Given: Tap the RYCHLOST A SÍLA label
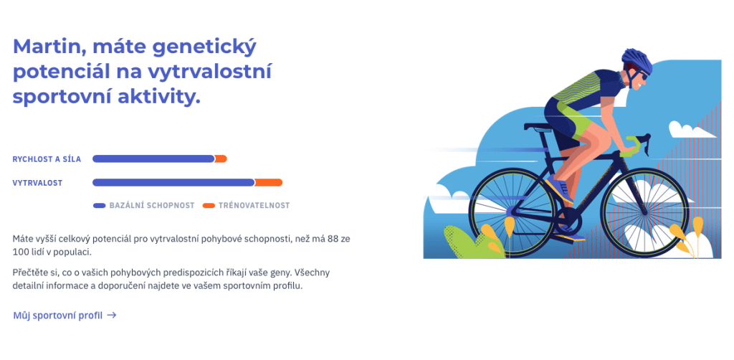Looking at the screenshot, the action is pos(47,159).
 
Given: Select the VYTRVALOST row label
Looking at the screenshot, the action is pos(37,183).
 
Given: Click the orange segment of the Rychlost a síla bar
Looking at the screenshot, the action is pos(221,158).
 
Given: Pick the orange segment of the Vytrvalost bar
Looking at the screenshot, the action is pos(269,183).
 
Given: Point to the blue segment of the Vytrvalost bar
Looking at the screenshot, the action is pos(173,183).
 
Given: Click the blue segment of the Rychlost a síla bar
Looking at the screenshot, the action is pos(153,158).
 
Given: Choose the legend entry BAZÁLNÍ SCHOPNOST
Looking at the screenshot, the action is pos(144,206).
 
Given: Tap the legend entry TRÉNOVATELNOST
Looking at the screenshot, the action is pos(247,206).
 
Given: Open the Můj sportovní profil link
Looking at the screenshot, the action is pos(65,316).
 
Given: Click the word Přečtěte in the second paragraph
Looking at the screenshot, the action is pos(30,273).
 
